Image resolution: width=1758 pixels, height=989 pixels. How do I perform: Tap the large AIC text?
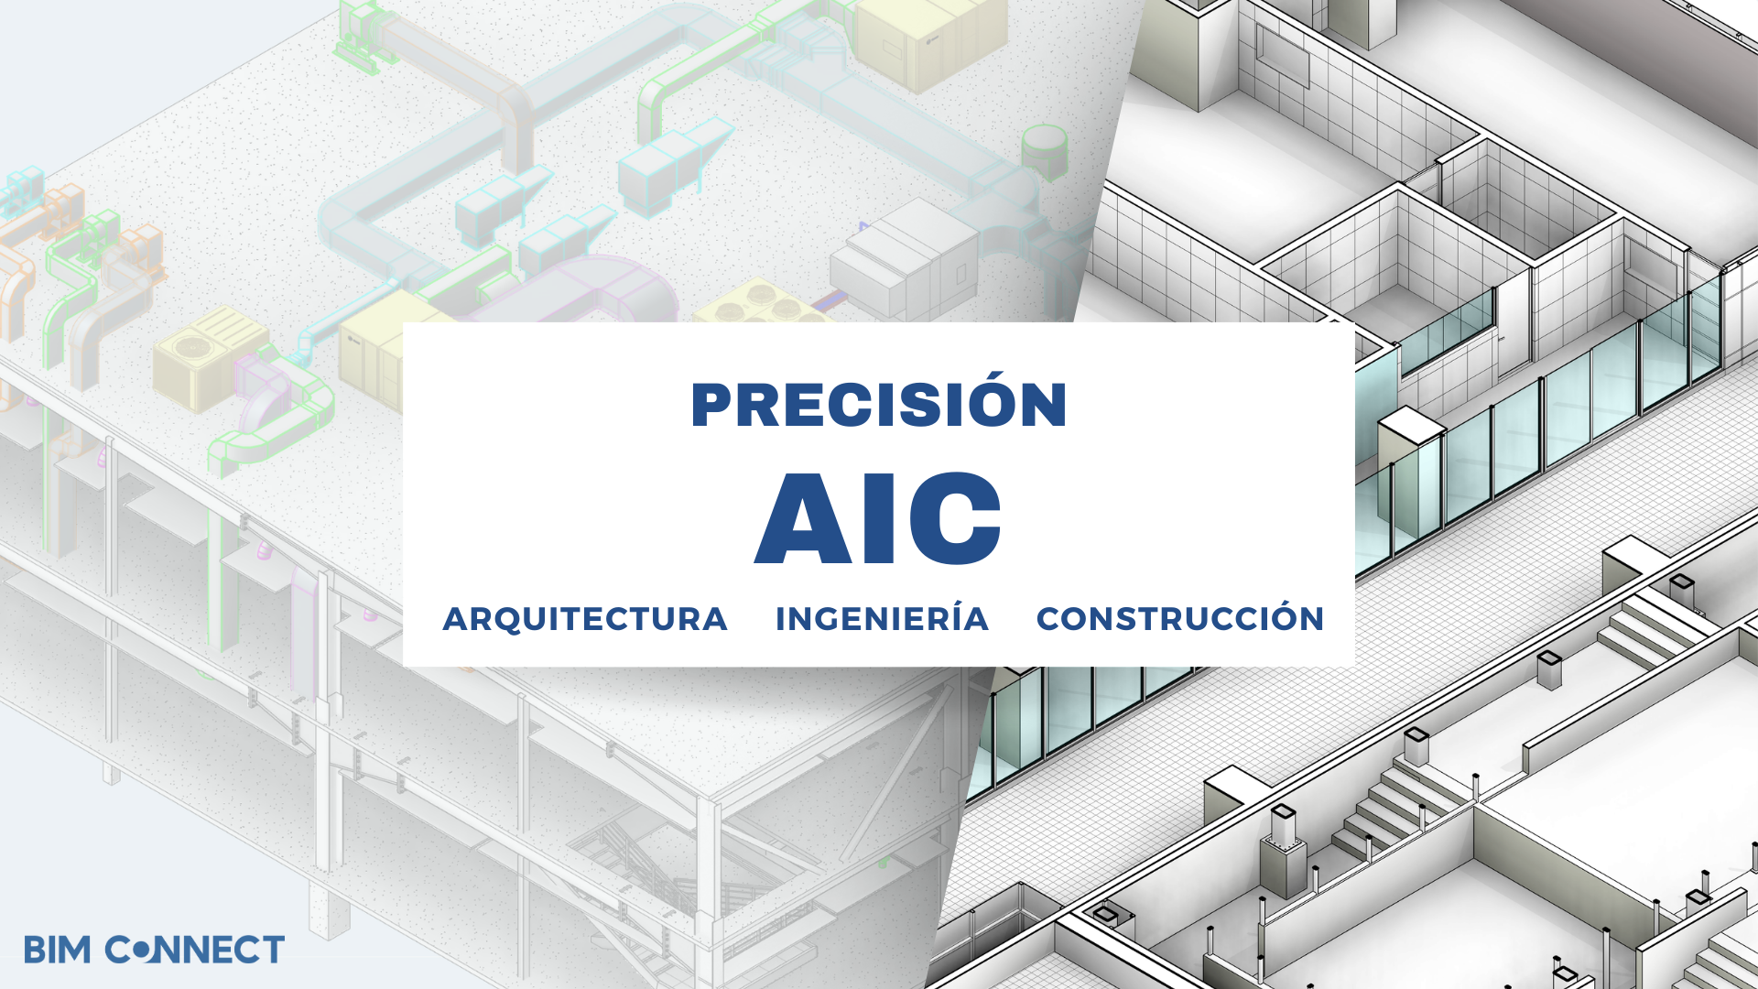pos(878,518)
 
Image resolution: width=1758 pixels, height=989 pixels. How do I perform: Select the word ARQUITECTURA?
pos(585,620)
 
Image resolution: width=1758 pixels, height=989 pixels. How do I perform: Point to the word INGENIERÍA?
pos(882,618)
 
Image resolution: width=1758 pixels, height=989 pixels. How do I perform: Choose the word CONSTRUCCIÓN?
pos(1180,618)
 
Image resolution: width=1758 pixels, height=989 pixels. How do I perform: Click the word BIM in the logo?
pos(58,950)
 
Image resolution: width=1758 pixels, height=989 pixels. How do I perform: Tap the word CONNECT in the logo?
pos(195,950)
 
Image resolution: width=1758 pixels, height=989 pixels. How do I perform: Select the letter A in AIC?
pos(804,518)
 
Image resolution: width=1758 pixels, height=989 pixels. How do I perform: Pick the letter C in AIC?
pos(957,518)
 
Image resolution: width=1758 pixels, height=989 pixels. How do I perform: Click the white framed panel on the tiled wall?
pos(1282,55)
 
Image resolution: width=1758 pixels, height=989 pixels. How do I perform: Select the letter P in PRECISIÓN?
pos(711,405)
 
